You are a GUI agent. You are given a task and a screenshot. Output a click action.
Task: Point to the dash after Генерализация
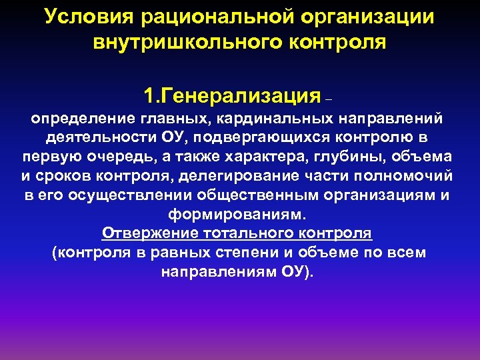point(327,100)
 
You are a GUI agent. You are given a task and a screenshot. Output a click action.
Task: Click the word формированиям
point(236,215)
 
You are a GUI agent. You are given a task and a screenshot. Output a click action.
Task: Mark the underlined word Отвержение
point(143,234)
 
